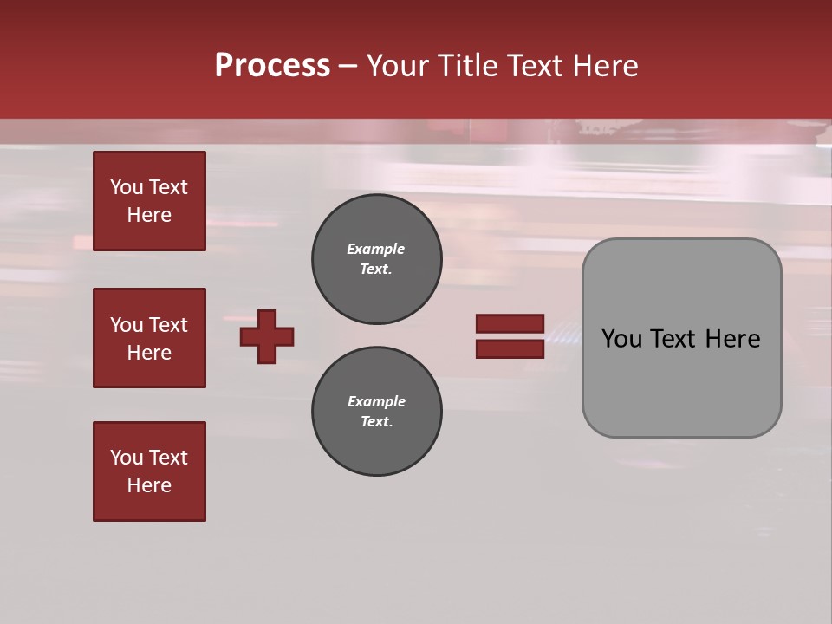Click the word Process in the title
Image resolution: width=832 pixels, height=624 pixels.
(272, 66)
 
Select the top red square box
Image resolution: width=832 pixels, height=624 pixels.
(149, 201)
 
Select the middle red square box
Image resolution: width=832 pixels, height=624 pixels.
(149, 338)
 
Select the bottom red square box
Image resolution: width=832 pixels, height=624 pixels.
(149, 471)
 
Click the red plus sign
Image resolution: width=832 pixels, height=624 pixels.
(267, 336)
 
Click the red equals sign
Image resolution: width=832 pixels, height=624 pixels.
(510, 336)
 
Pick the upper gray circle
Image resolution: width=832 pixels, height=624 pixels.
(376, 259)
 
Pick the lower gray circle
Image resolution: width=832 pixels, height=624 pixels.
(376, 412)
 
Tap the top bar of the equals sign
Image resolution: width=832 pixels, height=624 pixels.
(510, 323)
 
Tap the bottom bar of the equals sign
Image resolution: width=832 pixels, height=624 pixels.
(510, 349)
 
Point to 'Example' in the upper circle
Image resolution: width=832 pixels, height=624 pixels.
(376, 250)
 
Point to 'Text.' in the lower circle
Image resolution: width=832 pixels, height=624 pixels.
(376, 422)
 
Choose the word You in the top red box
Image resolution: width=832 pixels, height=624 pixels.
(126, 187)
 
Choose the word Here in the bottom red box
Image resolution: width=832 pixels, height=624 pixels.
(149, 485)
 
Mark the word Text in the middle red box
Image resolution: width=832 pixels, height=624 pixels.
(168, 325)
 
